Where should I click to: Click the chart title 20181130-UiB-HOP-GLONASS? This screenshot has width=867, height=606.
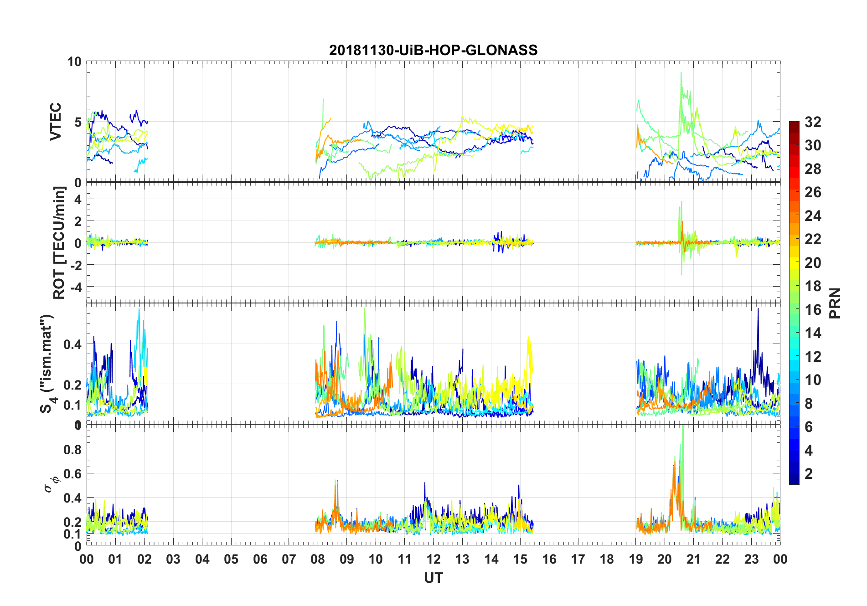coord(433,50)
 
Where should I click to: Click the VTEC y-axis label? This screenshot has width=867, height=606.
coord(56,122)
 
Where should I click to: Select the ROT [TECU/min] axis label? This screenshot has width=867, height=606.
coord(59,243)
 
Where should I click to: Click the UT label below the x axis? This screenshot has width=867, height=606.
coord(433,578)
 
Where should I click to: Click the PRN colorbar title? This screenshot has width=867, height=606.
coord(835,303)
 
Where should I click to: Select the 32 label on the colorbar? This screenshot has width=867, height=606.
coord(813,122)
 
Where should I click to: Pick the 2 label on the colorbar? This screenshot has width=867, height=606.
coord(809,474)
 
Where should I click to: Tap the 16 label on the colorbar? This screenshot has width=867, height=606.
coord(813,310)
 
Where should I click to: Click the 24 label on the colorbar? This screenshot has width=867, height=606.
coord(813,216)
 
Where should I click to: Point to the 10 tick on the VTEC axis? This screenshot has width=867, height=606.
coord(74,62)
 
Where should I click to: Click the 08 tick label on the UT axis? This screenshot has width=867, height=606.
coord(318,560)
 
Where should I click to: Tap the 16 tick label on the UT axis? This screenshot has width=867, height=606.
coord(549,560)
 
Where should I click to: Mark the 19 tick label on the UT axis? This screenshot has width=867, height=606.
coord(635,560)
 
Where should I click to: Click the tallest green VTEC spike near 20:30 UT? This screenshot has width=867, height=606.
coord(681,73)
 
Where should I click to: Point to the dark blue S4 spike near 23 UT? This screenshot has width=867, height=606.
coord(758,310)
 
